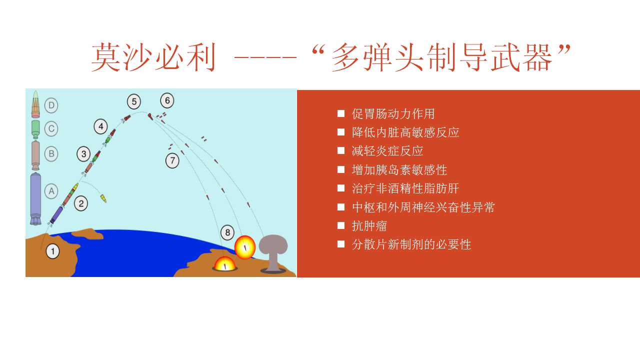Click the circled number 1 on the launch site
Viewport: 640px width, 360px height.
(x=52, y=251)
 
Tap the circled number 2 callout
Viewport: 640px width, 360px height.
(x=81, y=203)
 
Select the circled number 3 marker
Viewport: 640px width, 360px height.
(x=83, y=154)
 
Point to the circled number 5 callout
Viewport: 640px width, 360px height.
(x=134, y=101)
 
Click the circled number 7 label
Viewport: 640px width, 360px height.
(x=172, y=160)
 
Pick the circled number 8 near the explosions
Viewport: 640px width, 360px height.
(x=227, y=232)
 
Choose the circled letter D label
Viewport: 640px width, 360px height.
(x=51, y=105)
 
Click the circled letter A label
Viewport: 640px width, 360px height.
(x=51, y=191)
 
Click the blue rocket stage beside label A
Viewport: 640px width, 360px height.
(x=35, y=198)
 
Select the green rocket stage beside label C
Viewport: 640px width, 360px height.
(x=35, y=129)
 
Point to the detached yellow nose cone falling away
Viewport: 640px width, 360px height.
(x=103, y=198)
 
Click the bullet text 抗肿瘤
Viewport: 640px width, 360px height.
(x=369, y=226)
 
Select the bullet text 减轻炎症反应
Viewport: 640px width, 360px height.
(x=387, y=151)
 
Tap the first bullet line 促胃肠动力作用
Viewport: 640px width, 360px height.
(x=393, y=113)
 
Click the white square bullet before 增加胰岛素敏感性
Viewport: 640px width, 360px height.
(x=341, y=169)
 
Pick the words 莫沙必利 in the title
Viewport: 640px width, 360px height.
(x=153, y=57)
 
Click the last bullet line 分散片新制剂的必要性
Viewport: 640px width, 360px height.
(x=411, y=244)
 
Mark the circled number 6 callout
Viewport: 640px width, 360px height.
(x=167, y=100)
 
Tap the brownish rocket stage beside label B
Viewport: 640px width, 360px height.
(x=35, y=155)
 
